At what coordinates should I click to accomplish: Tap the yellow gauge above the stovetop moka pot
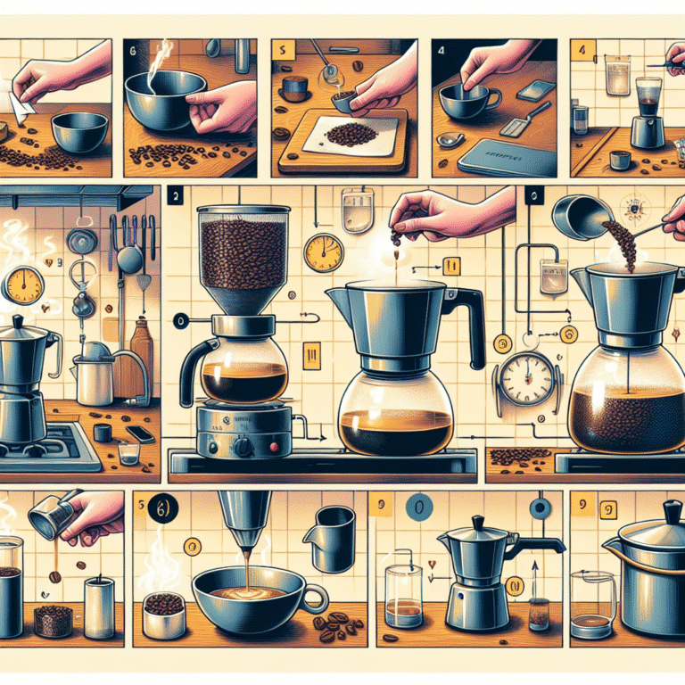pyautogui.click(x=24, y=285)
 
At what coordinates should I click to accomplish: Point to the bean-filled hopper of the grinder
pyautogui.click(x=243, y=254)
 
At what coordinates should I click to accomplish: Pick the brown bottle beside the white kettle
pyautogui.click(x=142, y=350)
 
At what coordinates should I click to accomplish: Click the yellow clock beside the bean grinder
pyautogui.click(x=323, y=253)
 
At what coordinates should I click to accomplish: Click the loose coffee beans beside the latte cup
pyautogui.click(x=332, y=625)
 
